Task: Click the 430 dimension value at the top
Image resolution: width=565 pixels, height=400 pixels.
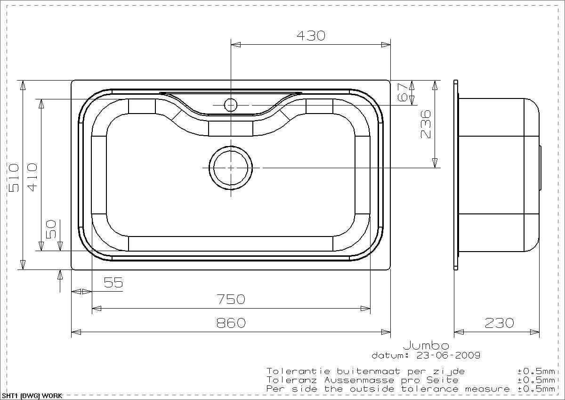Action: pos(311,36)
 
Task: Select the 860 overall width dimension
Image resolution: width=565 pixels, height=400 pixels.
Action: pos(231,323)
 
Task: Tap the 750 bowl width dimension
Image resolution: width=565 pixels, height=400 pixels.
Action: pos(231,299)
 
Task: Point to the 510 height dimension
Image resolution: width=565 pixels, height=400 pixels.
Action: pos(14,178)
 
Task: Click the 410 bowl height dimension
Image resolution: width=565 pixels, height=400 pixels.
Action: pos(32,177)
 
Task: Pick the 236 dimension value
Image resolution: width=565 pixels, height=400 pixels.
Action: pos(426,124)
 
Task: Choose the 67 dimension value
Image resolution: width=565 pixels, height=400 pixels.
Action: pos(403,93)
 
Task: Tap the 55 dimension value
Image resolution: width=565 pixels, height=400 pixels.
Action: pos(113,282)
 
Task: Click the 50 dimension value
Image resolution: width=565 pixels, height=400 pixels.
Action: pos(51,229)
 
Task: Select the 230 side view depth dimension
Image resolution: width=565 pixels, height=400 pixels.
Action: pos(499,323)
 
